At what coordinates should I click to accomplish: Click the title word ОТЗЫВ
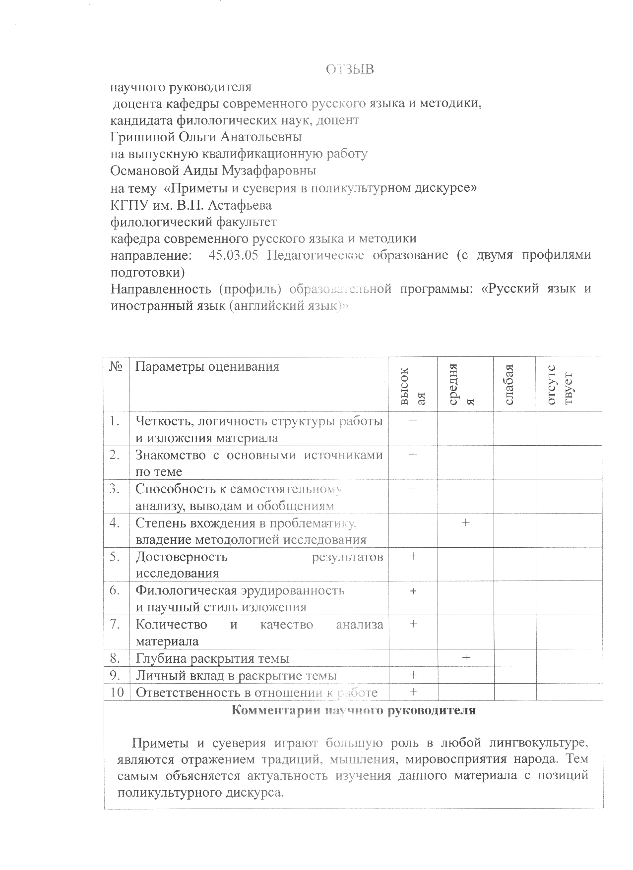349,70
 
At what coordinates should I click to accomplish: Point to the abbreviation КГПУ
127,205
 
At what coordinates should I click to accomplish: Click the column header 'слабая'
509,384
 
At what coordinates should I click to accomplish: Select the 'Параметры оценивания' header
207,367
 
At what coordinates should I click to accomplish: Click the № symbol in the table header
116,367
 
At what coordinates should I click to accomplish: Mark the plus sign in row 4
465,522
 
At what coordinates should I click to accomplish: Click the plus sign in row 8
465,658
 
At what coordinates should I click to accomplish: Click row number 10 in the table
117,693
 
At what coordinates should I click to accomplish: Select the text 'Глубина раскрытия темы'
212,659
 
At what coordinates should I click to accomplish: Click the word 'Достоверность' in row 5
182,557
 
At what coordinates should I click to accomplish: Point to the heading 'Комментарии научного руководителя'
354,710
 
